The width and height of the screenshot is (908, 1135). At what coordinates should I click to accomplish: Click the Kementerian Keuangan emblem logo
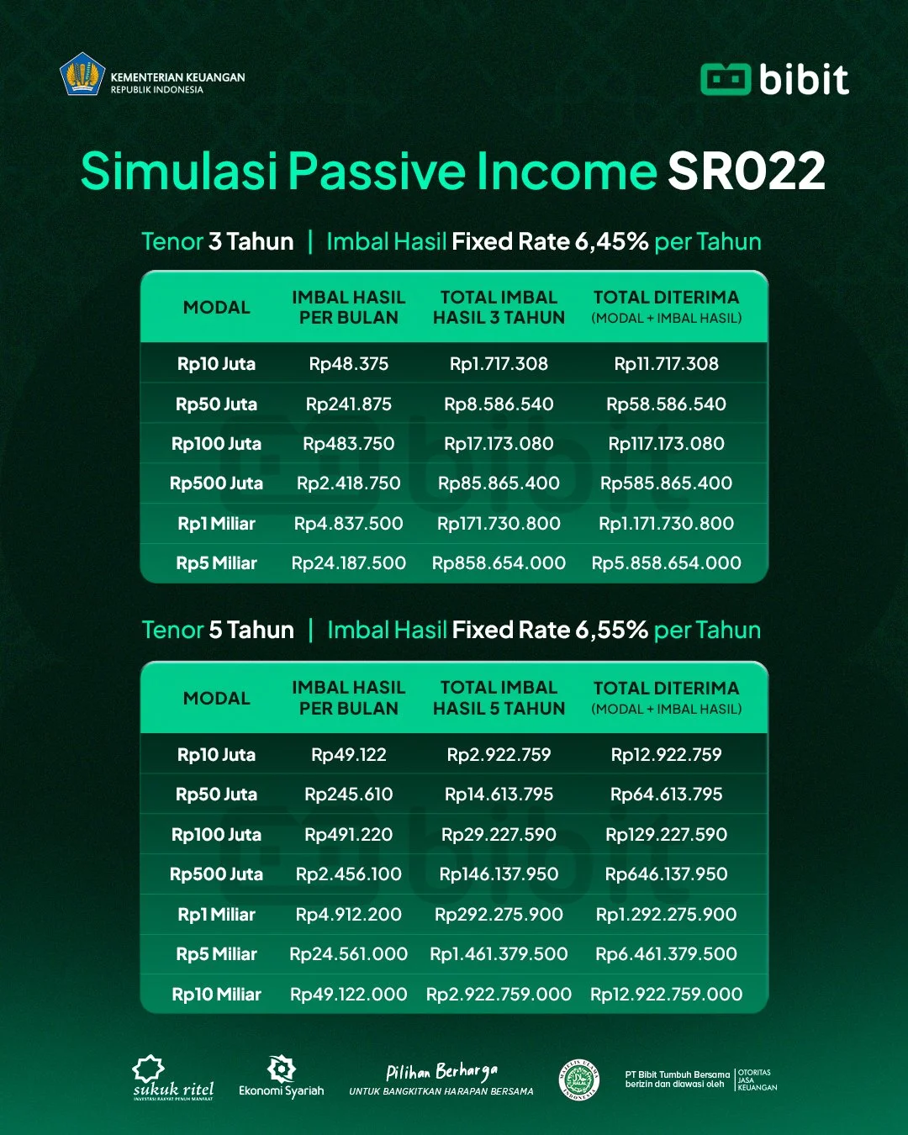click(x=82, y=75)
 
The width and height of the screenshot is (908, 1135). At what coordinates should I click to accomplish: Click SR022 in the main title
click(x=746, y=171)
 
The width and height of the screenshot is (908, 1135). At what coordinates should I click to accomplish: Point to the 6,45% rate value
click(x=611, y=242)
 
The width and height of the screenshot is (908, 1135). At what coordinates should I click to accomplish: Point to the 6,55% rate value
click(x=611, y=630)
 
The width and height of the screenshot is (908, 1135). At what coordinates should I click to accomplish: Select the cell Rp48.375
click(x=349, y=364)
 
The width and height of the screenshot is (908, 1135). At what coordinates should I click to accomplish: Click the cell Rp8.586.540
click(x=499, y=404)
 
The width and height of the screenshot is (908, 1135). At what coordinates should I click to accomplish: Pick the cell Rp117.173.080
click(x=666, y=444)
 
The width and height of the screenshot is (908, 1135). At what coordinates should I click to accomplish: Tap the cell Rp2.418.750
click(x=349, y=483)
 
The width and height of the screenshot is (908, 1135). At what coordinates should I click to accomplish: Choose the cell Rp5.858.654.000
click(x=666, y=563)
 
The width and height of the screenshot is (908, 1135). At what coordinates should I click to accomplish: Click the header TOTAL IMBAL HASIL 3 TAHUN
click(x=499, y=308)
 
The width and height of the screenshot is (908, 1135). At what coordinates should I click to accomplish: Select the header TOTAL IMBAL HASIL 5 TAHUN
click(x=499, y=698)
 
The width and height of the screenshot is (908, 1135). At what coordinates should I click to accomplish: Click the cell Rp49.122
click(x=349, y=755)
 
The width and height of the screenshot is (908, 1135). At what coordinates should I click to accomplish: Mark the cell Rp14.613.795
click(x=499, y=794)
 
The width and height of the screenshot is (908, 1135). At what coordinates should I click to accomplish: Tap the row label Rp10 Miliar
click(x=216, y=995)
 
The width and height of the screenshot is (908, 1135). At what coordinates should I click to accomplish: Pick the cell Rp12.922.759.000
click(x=666, y=995)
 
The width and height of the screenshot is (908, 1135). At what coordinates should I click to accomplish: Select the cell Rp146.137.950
click(x=499, y=874)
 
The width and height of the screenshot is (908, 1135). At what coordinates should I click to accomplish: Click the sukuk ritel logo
click(x=172, y=1079)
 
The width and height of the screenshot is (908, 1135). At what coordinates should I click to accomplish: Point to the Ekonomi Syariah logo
click(x=281, y=1077)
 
